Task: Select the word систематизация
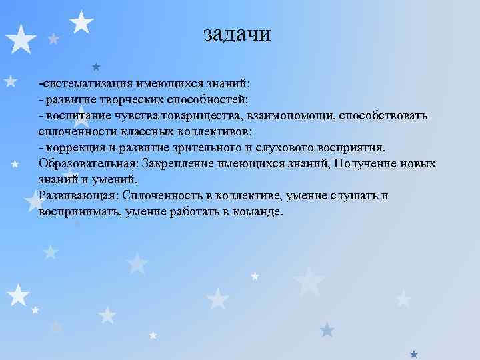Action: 88,85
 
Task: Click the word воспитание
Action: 75,116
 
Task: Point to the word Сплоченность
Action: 159,196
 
